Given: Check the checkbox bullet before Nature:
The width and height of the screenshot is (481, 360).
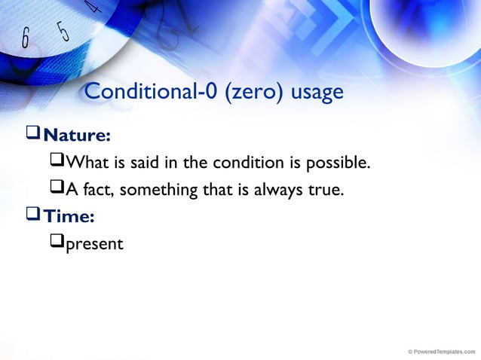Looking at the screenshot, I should (33, 135).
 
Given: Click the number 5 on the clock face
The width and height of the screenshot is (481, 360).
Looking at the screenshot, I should (63, 30).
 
